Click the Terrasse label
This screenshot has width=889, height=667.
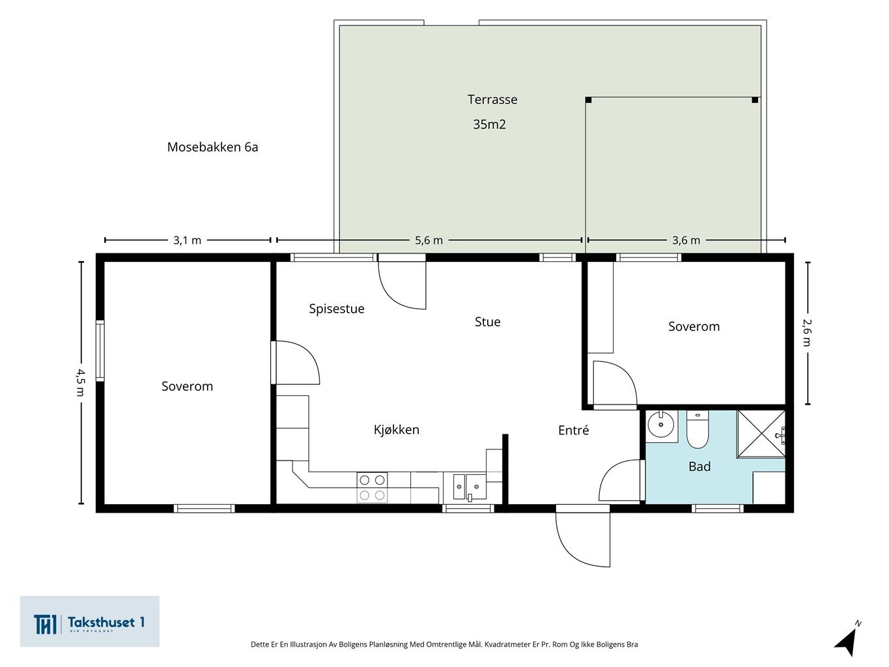(492, 100)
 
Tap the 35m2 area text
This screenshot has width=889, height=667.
(489, 124)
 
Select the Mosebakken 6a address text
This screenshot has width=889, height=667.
(212, 147)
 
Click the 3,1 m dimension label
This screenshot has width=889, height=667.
(187, 240)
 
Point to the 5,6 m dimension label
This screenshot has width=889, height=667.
(429, 240)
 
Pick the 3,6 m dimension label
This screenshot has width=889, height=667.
(686, 240)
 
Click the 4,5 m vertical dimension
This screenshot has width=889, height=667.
(81, 383)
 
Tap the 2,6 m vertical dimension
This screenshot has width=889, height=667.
(807, 333)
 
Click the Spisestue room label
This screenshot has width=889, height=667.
(337, 309)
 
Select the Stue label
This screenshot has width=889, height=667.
(488, 322)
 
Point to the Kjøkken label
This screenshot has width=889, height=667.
(397, 430)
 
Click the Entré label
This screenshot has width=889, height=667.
(574, 430)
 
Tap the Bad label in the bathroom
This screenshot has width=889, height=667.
(699, 466)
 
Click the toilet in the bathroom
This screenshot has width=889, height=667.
(698, 430)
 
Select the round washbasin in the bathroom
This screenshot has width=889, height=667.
(660, 425)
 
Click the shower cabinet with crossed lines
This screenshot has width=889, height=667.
(761, 434)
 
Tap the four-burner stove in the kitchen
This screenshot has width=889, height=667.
(372, 488)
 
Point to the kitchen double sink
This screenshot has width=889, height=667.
(470, 487)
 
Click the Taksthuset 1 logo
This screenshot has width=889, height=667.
(89, 621)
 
